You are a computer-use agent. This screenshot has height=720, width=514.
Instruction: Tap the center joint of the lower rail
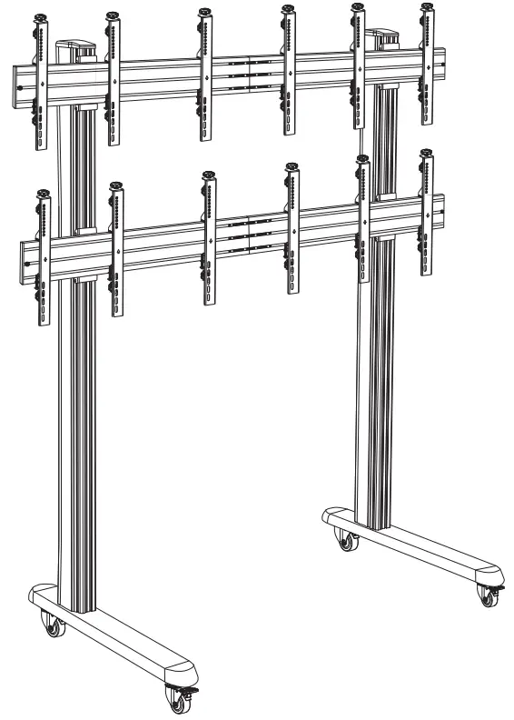click(249, 234)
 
